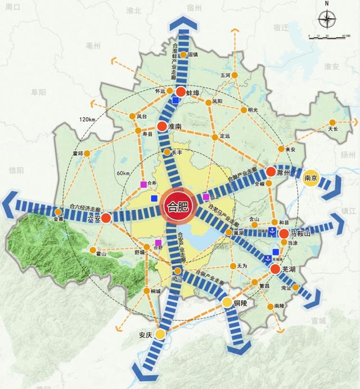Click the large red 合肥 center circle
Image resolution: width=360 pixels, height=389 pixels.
pyautogui.click(x=178, y=205)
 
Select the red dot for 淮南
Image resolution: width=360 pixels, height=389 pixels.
pyautogui.click(x=161, y=127)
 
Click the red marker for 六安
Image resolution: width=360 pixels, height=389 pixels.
pyautogui.click(x=106, y=216)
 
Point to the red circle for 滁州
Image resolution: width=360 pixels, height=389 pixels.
pyautogui.click(x=271, y=172)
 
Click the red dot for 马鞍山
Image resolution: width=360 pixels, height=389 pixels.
pyautogui.click(x=283, y=233)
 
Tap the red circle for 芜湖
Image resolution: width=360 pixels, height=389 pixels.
pyautogui.click(x=274, y=270)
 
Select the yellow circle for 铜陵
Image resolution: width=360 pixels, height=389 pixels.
pyautogui.click(x=227, y=303)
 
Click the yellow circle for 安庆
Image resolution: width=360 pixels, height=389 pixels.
pyautogui.click(x=160, y=334)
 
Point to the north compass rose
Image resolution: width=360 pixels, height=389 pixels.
pyautogui.click(x=326, y=20)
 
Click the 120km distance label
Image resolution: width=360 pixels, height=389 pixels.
pyautogui.click(x=87, y=120)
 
